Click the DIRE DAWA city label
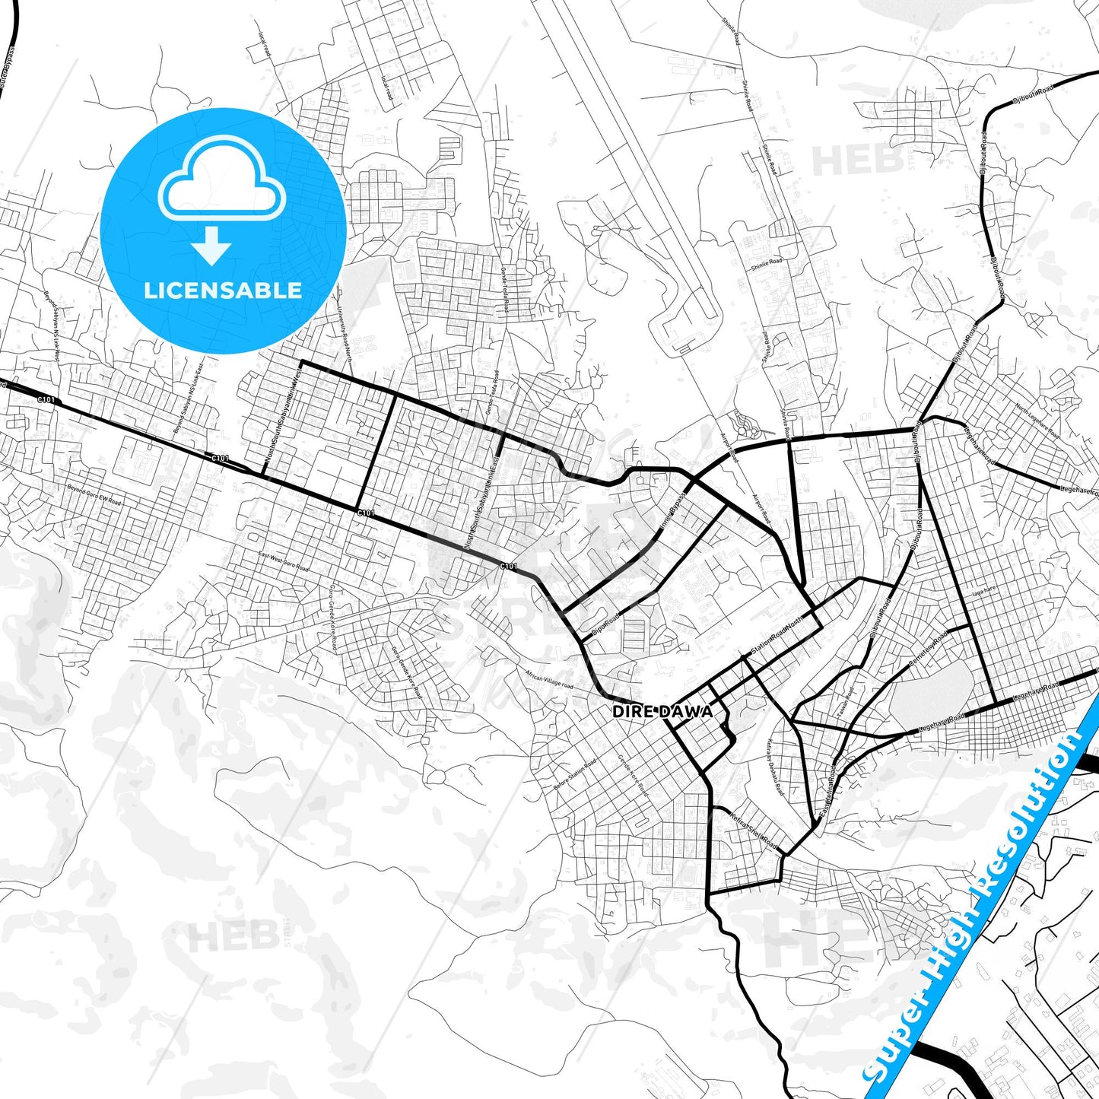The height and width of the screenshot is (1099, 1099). (x=662, y=711)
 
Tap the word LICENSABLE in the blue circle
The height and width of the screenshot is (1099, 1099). (x=223, y=290)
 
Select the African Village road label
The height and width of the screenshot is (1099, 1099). (x=549, y=679)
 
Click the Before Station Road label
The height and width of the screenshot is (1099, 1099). (x=575, y=773)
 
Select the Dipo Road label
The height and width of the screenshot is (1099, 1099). (x=606, y=623)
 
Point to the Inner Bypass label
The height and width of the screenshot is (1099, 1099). (x=672, y=510)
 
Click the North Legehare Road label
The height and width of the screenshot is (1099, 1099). (x=1037, y=421)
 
